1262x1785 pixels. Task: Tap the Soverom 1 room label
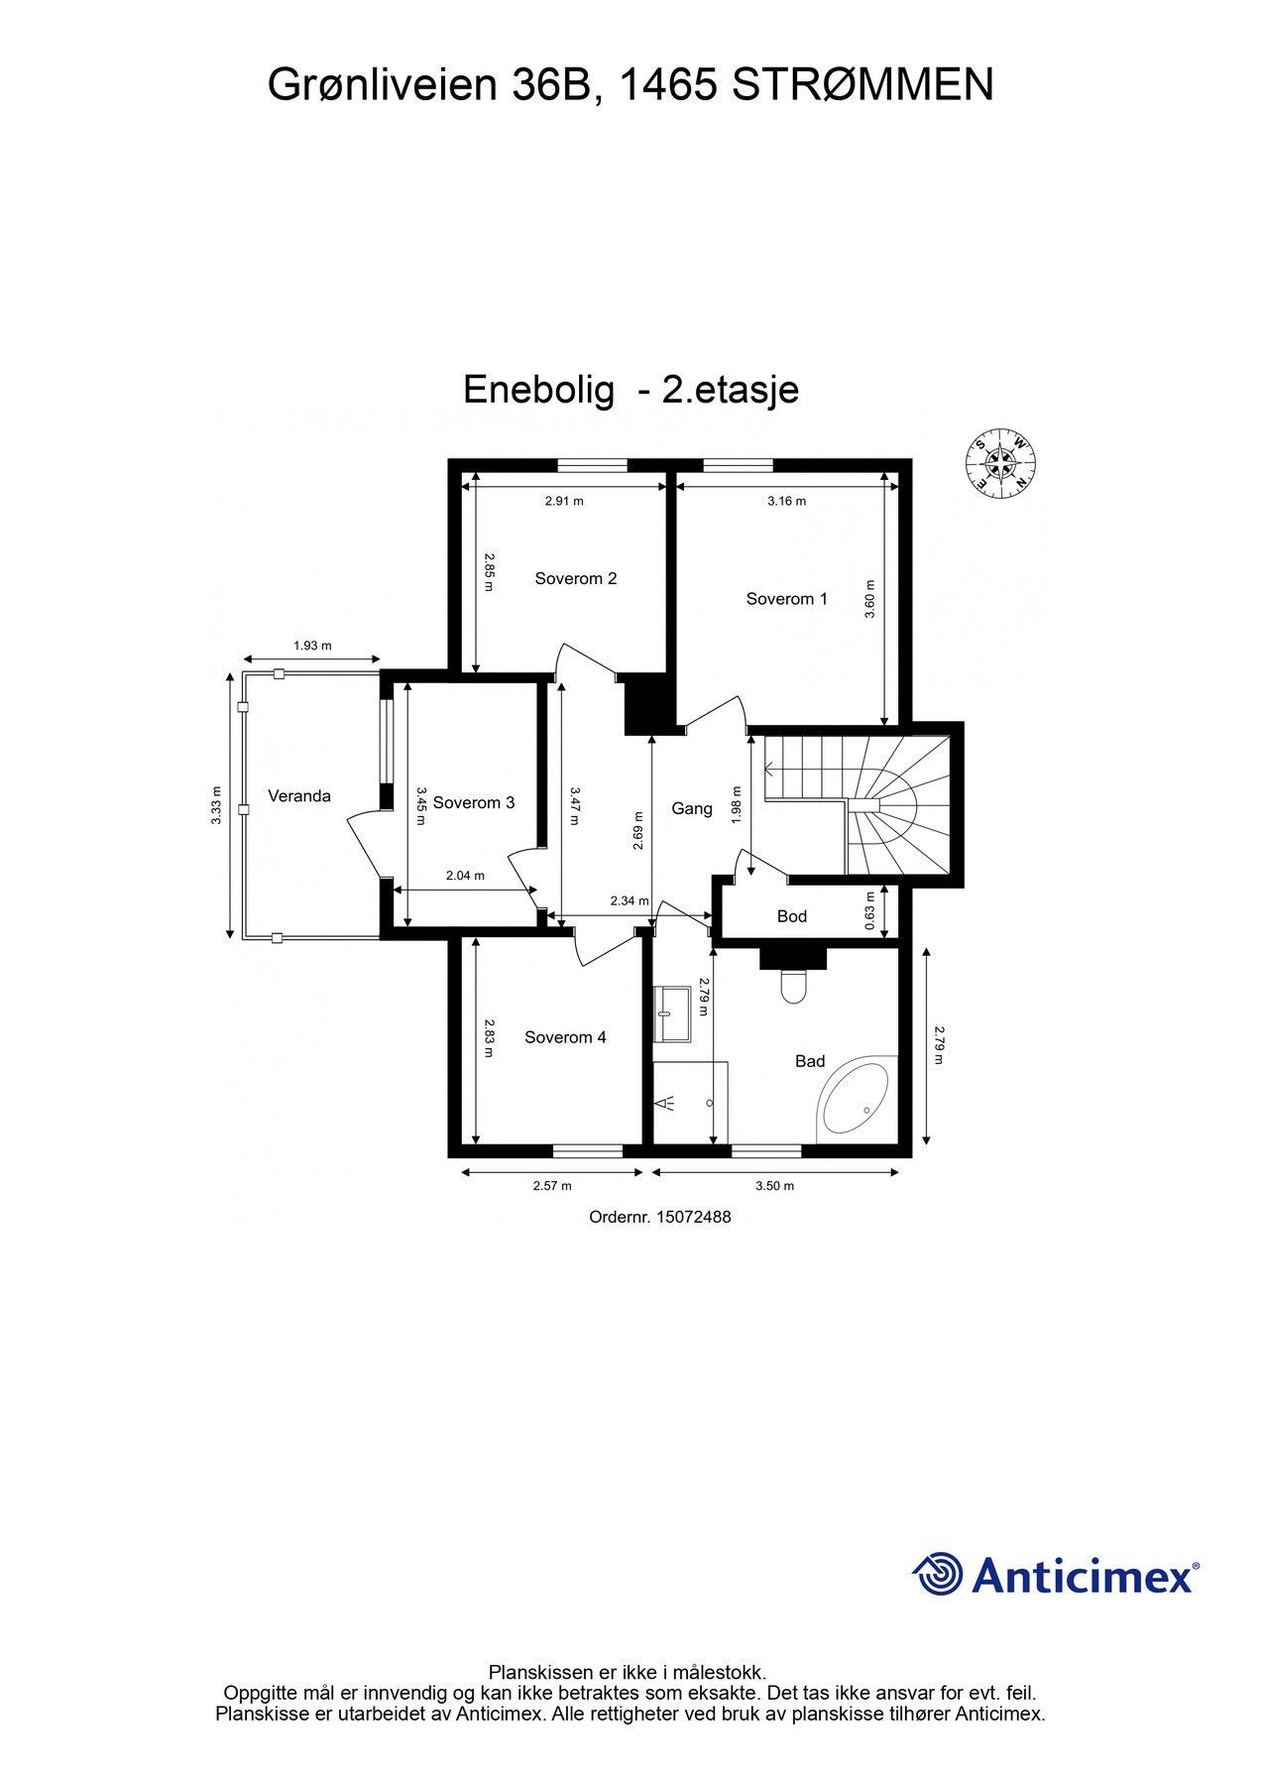[x=786, y=599]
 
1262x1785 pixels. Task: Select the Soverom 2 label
[x=576, y=578]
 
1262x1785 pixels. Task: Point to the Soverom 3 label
[x=474, y=802]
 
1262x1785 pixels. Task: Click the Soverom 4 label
[x=565, y=1037]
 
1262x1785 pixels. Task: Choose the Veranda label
[x=299, y=795]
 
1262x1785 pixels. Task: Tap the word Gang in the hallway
[x=692, y=808]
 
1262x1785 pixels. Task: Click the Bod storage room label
[x=792, y=916]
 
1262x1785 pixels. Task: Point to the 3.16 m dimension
[x=786, y=501]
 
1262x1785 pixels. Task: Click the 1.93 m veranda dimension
[x=312, y=646]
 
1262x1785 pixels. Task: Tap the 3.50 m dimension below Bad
[x=774, y=1185]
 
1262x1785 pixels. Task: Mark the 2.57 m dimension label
[x=552, y=1185]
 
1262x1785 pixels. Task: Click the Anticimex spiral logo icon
[x=938, y=1574]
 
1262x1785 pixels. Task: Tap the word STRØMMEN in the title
[x=862, y=85]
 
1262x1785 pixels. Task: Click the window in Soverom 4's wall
[x=588, y=1150]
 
